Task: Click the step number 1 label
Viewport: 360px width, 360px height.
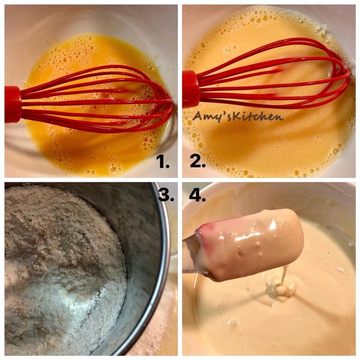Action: click(x=163, y=161)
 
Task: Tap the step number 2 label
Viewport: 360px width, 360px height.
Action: click(x=197, y=161)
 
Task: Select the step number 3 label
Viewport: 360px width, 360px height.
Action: click(x=166, y=196)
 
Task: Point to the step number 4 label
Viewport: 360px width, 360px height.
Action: click(x=197, y=196)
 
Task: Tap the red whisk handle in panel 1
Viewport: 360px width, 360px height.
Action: click(x=13, y=104)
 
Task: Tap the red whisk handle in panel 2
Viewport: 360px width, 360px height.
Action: click(x=191, y=89)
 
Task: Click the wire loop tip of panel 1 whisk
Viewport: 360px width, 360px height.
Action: click(x=171, y=102)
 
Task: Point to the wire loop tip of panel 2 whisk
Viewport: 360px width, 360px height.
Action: click(x=349, y=74)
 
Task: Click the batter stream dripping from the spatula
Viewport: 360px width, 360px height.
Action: click(x=284, y=274)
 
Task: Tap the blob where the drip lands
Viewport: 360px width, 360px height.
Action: click(x=281, y=289)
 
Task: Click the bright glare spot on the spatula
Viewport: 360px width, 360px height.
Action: click(x=273, y=223)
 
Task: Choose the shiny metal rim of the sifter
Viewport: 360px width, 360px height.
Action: click(x=158, y=275)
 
